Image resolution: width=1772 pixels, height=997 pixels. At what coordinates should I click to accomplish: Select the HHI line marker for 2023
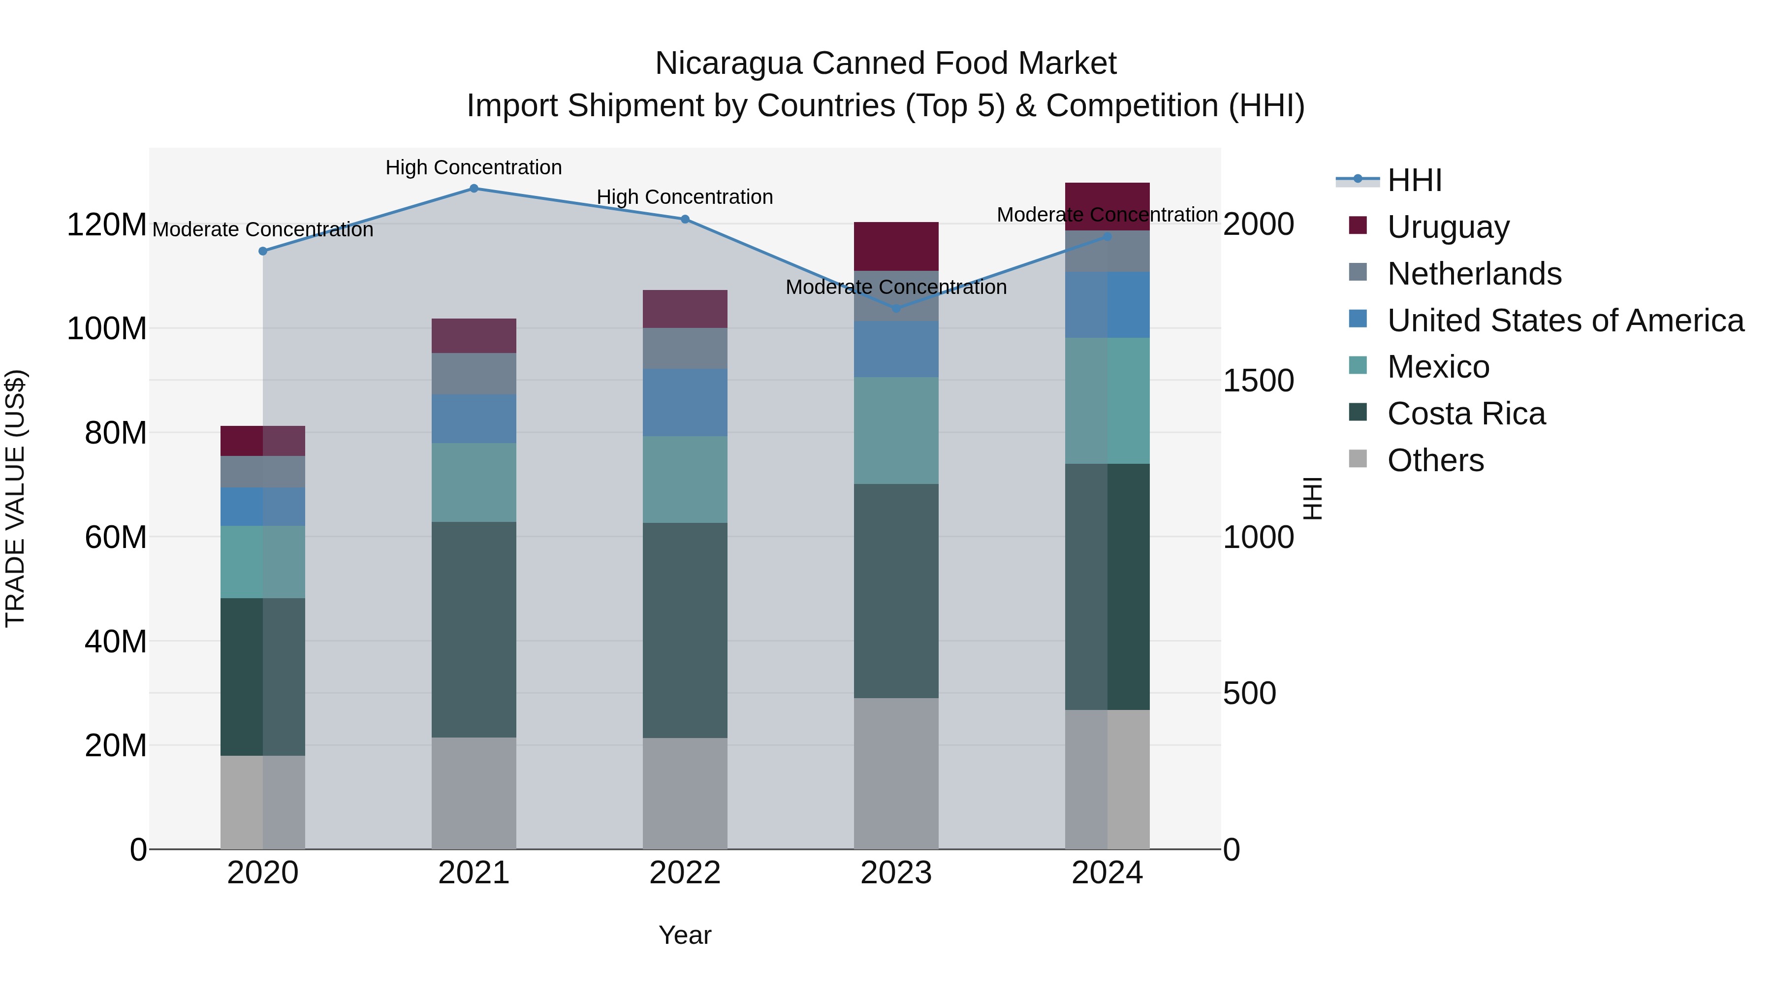(x=896, y=308)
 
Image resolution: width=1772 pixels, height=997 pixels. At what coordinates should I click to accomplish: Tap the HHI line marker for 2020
(x=263, y=251)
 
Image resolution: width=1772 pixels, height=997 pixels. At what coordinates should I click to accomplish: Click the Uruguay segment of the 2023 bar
(x=896, y=246)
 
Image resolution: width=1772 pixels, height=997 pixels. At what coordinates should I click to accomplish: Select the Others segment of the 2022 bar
(x=685, y=793)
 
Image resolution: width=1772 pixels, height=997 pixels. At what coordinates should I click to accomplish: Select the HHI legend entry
(x=1414, y=180)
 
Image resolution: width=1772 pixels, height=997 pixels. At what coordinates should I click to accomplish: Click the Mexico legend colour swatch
(x=1358, y=365)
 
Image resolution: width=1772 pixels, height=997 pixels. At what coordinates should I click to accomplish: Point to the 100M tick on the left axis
(x=107, y=329)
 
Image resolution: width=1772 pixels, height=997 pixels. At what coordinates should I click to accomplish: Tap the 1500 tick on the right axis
(x=1258, y=381)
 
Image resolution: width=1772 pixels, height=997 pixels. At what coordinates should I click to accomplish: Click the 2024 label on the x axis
(x=1107, y=873)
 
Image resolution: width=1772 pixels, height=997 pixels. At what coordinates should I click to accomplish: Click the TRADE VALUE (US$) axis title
(x=15, y=498)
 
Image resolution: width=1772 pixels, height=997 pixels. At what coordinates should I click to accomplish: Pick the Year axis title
(x=685, y=935)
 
